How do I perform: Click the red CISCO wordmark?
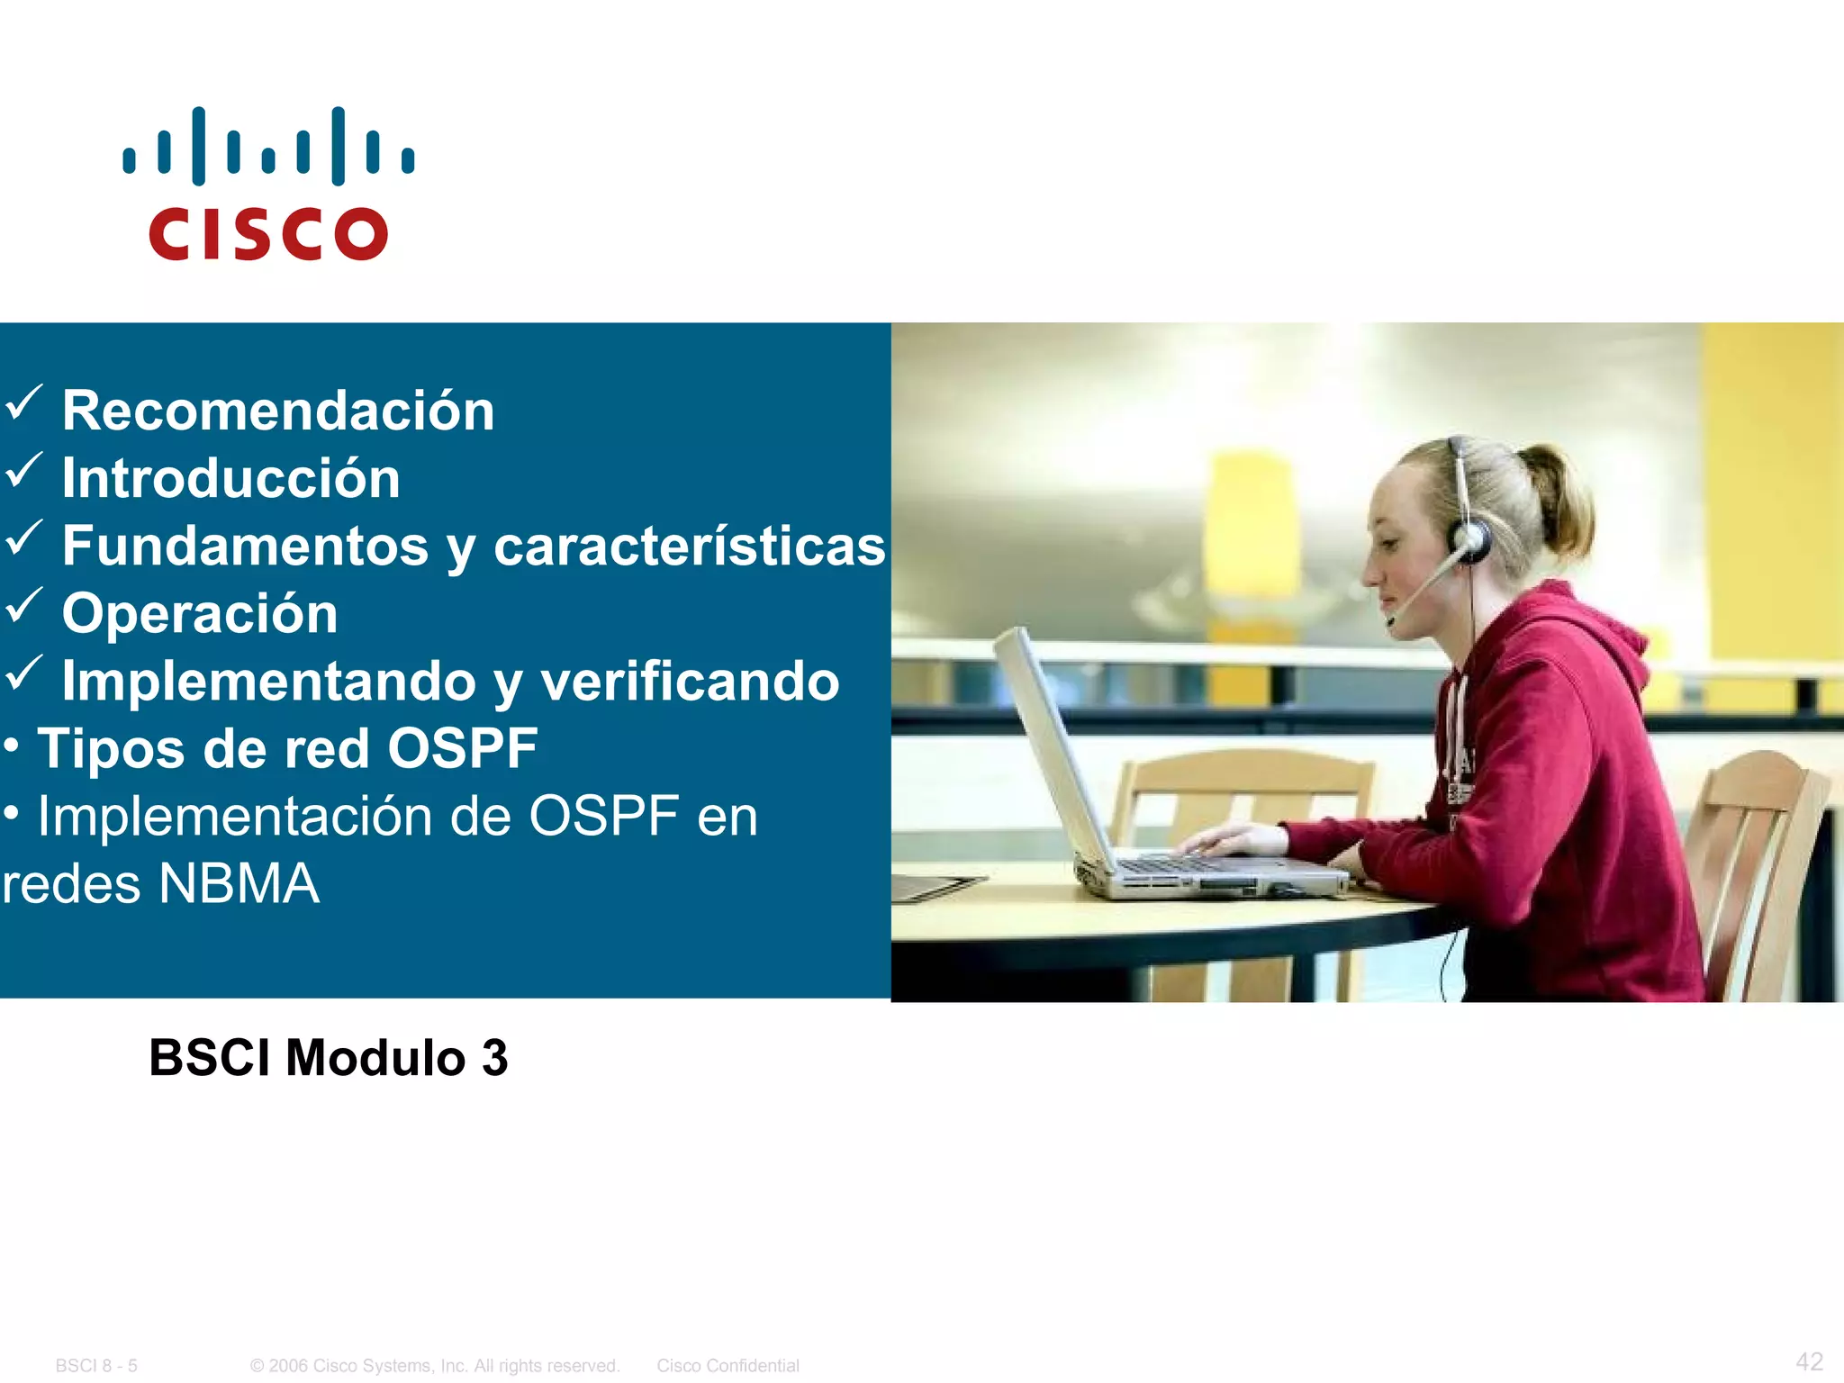(268, 234)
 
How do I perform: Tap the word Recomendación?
(278, 411)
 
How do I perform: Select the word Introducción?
(230, 478)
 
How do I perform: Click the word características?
(689, 547)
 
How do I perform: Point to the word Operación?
(200, 614)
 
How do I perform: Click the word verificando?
(689, 682)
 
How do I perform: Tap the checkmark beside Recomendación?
(23, 402)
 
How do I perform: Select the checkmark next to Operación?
(23, 605)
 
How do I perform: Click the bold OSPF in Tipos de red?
(462, 749)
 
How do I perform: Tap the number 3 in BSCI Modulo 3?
(494, 1058)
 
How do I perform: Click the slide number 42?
(1809, 1361)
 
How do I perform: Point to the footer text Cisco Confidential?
(728, 1366)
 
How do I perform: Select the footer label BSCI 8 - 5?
(96, 1366)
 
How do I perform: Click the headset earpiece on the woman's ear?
(1469, 540)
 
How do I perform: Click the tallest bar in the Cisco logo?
(198, 146)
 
